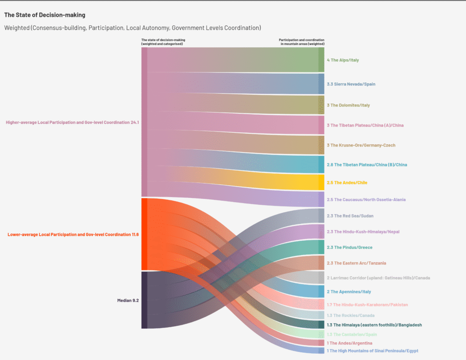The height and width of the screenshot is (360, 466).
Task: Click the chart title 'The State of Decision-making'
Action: coord(45,15)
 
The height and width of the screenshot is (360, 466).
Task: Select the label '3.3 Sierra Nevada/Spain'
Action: coord(351,84)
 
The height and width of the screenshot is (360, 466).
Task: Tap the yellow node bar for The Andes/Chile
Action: coord(321,183)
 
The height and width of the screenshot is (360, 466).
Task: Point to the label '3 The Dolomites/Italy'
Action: coord(348,105)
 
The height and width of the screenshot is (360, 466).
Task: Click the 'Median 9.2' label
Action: coord(128,300)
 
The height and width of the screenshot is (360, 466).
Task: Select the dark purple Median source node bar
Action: coord(144,300)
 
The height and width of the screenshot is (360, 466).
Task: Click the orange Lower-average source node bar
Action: coord(144,234)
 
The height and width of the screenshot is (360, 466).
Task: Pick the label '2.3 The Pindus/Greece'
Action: coord(349,248)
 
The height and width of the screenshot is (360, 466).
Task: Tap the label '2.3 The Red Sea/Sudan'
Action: coord(350,216)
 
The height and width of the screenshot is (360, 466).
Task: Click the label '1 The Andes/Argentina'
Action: coord(349,343)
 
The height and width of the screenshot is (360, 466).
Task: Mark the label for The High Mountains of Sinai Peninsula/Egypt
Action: coord(372,351)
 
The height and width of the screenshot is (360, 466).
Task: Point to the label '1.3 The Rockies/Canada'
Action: coord(351,315)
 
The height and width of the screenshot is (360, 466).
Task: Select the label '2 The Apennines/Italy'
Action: coord(349,292)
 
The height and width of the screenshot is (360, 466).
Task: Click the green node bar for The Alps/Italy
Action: coord(321,60)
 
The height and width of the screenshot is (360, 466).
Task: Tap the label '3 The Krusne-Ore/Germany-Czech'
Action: coord(361,145)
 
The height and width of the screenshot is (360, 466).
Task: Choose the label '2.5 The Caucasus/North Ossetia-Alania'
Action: coord(366,200)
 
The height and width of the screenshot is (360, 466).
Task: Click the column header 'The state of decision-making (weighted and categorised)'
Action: coord(163,42)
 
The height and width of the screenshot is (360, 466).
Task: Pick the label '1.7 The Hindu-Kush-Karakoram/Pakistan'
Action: coord(367,304)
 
